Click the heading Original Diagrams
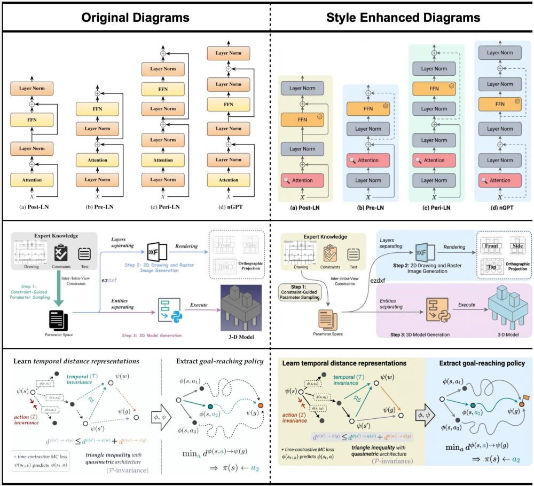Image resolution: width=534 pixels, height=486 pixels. [x=135, y=18]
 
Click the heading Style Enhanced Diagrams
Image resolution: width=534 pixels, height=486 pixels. [x=403, y=18]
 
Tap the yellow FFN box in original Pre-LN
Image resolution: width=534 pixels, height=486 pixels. [x=98, y=109]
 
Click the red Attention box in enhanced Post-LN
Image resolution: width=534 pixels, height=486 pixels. [x=303, y=181]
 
